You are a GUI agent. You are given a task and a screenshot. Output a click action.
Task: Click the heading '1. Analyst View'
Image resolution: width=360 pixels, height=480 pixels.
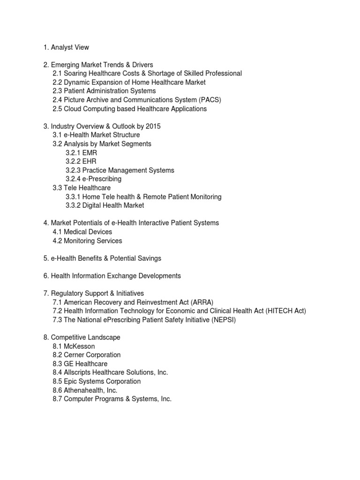pos(66,47)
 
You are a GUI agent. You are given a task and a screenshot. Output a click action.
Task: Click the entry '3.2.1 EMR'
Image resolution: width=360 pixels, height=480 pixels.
pos(82,153)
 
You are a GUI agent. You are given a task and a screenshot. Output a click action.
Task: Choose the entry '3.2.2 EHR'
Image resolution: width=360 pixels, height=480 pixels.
pos(82,161)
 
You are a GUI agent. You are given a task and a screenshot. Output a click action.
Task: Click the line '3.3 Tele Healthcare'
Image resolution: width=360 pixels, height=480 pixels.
pos(82,188)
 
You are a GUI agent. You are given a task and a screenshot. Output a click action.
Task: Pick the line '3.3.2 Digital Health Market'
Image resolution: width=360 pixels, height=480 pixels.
pos(105,205)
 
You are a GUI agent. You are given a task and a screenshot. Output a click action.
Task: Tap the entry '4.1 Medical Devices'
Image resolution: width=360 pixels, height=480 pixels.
pos(82,232)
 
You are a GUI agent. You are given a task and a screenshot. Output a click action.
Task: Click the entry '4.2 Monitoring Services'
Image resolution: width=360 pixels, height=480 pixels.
pos(87,240)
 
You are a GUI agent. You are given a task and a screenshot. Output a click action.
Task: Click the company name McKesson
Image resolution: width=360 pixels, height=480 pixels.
pos(79,346)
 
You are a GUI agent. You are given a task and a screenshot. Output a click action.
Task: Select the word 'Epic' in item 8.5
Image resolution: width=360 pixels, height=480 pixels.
pos(71,381)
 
